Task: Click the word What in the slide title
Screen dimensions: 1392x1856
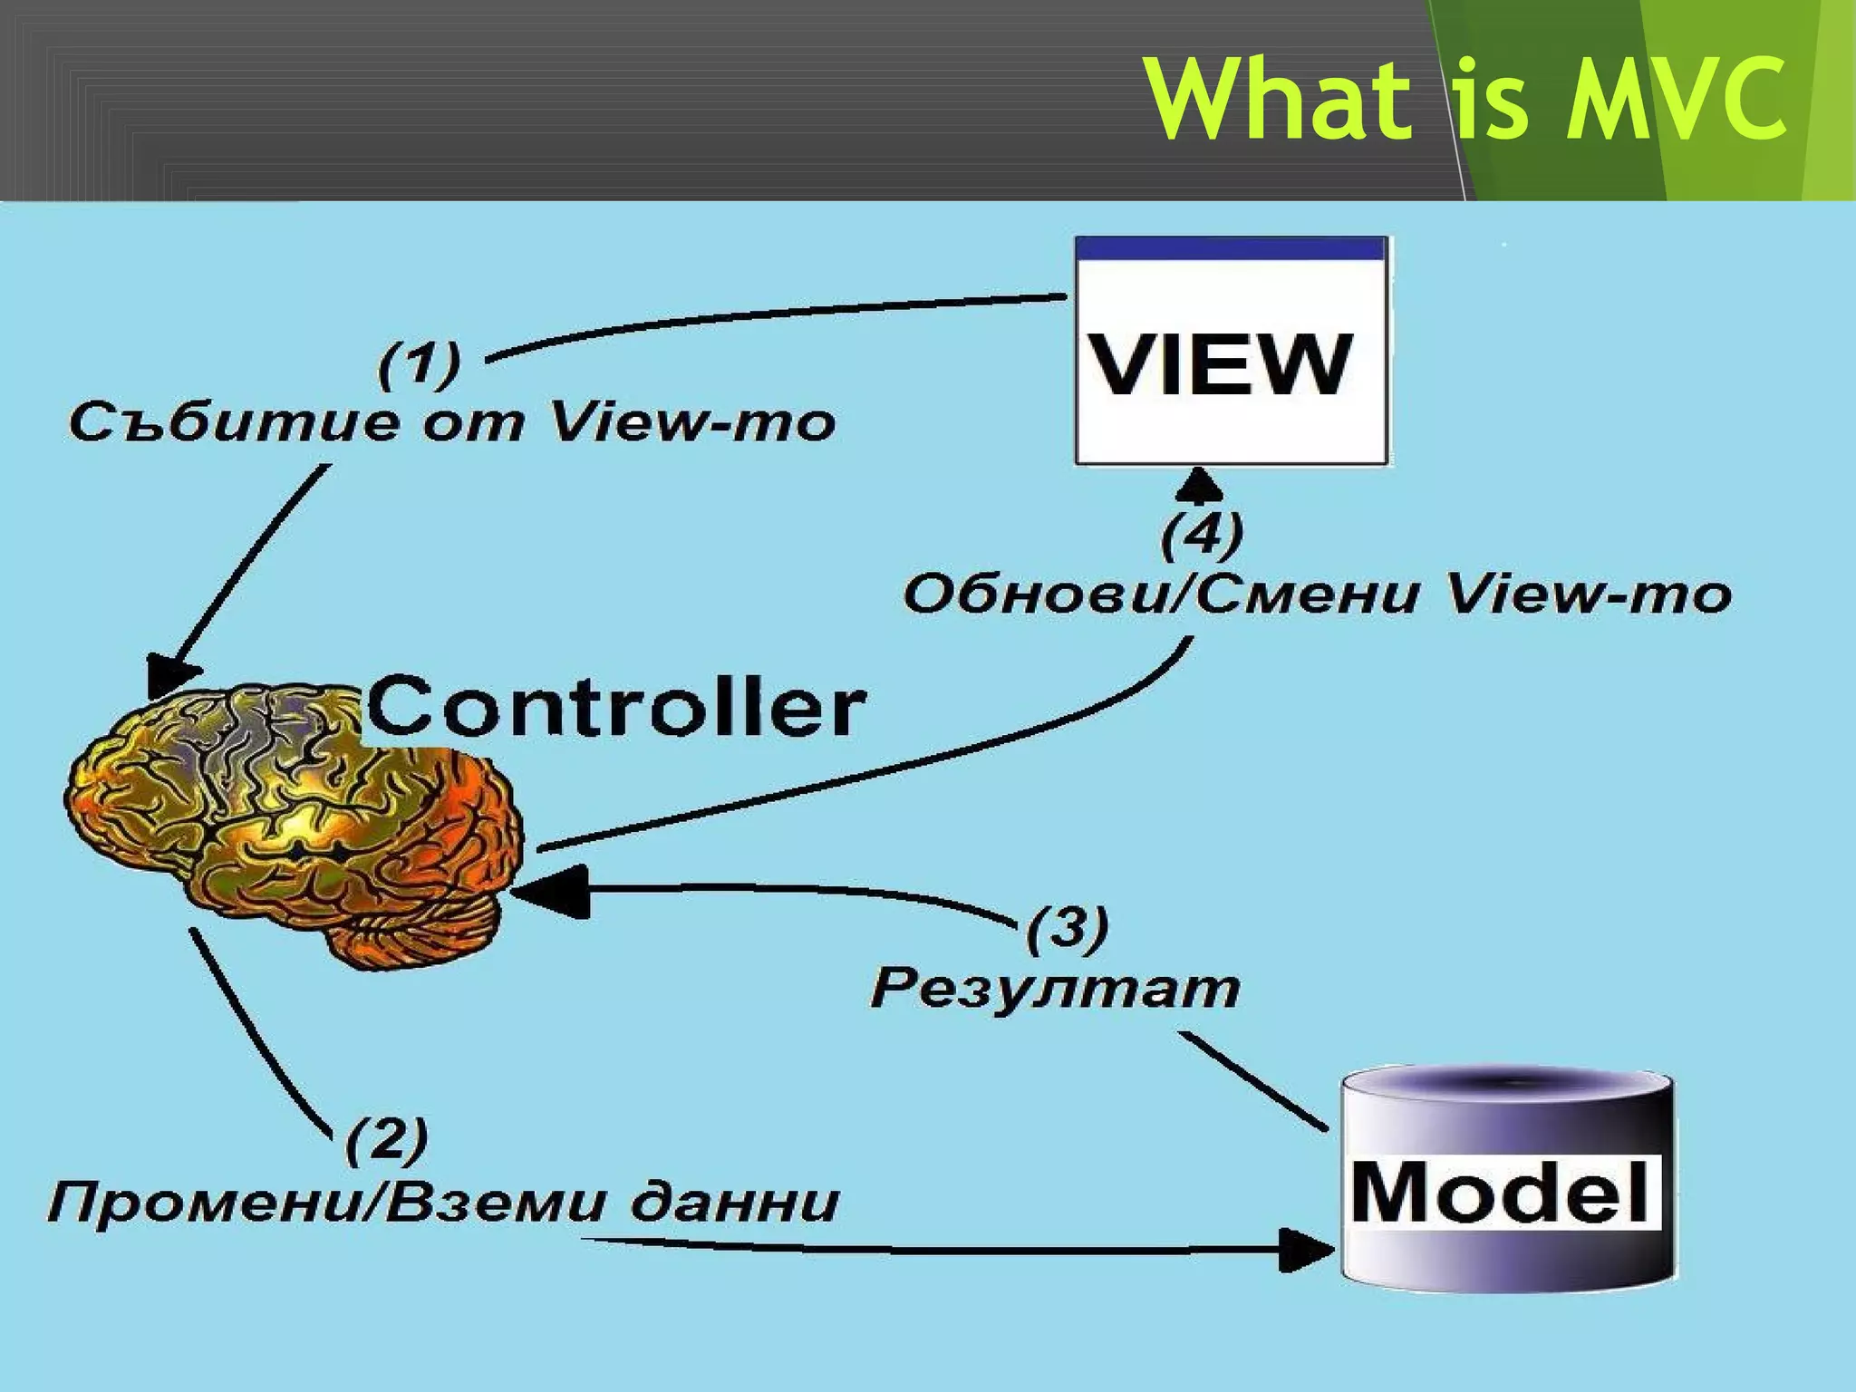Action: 1278,98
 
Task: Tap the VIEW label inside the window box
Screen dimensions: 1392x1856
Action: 1221,364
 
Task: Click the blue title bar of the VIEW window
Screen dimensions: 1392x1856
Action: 1231,249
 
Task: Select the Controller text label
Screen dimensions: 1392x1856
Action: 616,708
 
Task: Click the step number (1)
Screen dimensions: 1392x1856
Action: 419,364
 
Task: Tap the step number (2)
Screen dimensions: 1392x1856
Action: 387,1140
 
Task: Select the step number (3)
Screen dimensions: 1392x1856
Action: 1068,928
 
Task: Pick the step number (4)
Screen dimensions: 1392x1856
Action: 1202,535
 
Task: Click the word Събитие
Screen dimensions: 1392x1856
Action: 233,422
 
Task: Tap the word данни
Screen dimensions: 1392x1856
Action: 734,1203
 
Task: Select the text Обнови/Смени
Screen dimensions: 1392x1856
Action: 1160,595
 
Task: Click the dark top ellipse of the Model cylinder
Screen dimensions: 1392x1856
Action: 1506,1087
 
